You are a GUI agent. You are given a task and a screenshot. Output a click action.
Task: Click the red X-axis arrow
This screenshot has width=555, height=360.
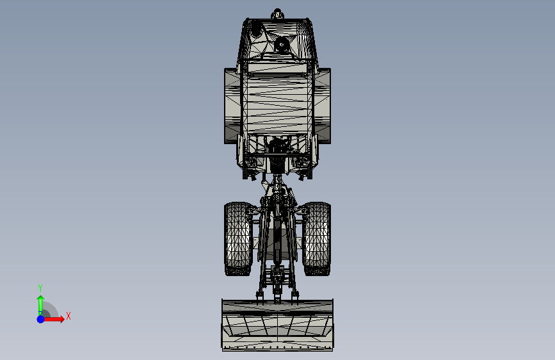[x=56, y=318]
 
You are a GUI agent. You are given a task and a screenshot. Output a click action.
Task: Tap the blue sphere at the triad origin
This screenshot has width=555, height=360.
[x=40, y=318]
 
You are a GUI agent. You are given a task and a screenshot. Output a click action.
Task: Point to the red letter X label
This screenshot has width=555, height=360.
[x=68, y=316]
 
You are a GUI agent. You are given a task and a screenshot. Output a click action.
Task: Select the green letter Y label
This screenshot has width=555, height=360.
[x=40, y=288]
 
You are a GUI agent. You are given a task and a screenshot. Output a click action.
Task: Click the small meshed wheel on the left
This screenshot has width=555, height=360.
[x=238, y=238]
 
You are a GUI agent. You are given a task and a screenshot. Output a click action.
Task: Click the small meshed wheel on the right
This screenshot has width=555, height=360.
[x=317, y=238]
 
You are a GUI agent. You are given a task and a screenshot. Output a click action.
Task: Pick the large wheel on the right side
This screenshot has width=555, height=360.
[x=325, y=106]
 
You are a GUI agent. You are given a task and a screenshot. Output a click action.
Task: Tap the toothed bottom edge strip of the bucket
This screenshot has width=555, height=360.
[x=277, y=348]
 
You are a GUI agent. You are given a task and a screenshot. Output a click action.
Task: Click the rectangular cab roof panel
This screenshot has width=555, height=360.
[x=277, y=99]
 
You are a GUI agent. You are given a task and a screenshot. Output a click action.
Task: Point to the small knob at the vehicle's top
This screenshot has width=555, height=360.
[x=277, y=13]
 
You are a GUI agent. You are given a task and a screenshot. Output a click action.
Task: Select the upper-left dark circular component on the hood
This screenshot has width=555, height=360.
[x=256, y=29]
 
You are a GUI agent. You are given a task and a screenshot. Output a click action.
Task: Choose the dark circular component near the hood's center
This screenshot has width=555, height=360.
[x=281, y=44]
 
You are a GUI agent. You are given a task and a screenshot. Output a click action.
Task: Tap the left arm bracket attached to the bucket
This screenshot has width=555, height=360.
[x=260, y=294]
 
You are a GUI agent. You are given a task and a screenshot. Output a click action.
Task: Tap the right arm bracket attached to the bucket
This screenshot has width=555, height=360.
[x=295, y=294]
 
